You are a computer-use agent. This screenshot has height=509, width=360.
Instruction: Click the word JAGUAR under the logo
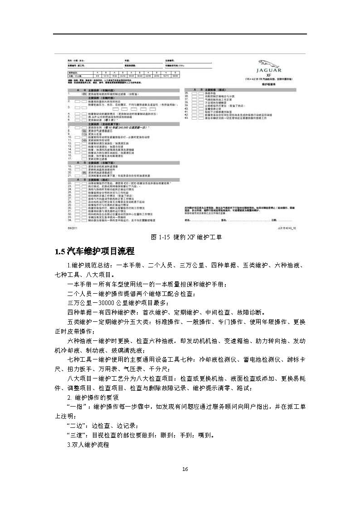[269, 70]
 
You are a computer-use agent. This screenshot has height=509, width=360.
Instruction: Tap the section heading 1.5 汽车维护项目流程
[94, 251]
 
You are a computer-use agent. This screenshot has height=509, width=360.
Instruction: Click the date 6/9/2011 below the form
[73, 229]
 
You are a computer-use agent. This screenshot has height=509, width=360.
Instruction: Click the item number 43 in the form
[186, 119]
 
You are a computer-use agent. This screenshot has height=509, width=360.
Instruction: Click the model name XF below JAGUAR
[269, 75]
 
